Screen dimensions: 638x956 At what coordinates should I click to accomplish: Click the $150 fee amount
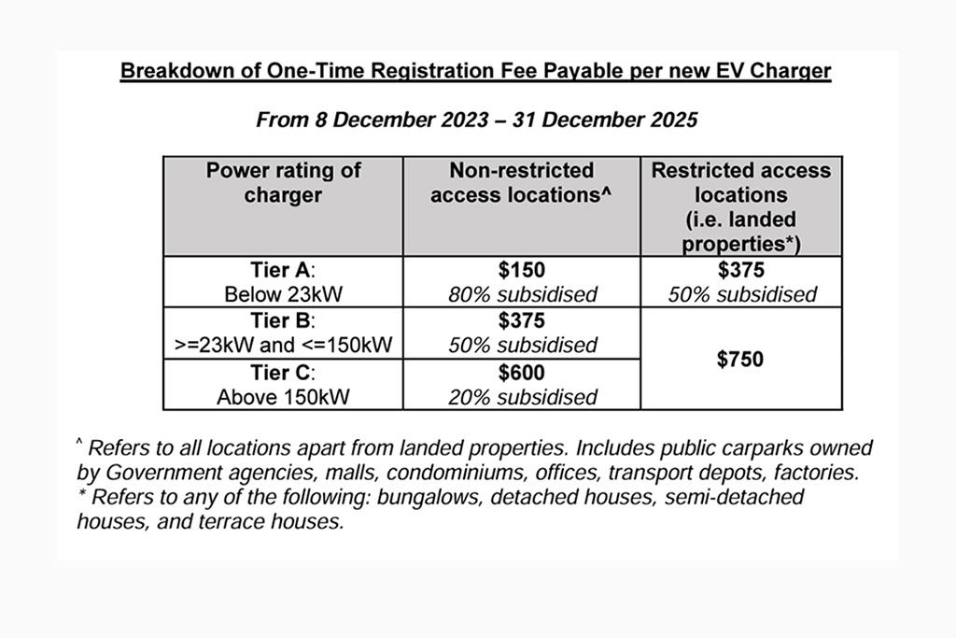(x=521, y=271)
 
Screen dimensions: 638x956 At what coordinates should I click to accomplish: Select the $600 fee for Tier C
(x=521, y=373)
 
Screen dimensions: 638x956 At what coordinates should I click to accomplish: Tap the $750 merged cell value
(x=740, y=360)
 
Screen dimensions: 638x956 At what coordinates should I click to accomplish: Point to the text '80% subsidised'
(x=521, y=295)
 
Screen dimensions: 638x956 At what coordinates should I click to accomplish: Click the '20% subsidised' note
(x=521, y=397)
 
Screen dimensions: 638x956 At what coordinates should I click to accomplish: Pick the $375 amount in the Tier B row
(x=521, y=321)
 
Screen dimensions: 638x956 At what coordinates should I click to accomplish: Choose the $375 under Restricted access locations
(x=740, y=271)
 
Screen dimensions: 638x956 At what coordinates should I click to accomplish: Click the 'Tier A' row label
(x=283, y=271)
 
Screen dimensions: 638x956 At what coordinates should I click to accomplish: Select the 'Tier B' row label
(x=283, y=321)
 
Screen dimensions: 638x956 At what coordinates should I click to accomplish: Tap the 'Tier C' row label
(x=283, y=373)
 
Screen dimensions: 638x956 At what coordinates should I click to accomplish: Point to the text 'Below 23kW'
(x=283, y=295)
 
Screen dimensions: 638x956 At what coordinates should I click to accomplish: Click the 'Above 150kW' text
(x=283, y=397)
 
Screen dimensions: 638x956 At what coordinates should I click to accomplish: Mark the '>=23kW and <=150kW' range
(x=283, y=346)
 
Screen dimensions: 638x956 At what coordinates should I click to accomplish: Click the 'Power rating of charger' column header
(x=283, y=183)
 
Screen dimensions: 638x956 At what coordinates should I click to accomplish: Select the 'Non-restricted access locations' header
(x=521, y=183)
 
